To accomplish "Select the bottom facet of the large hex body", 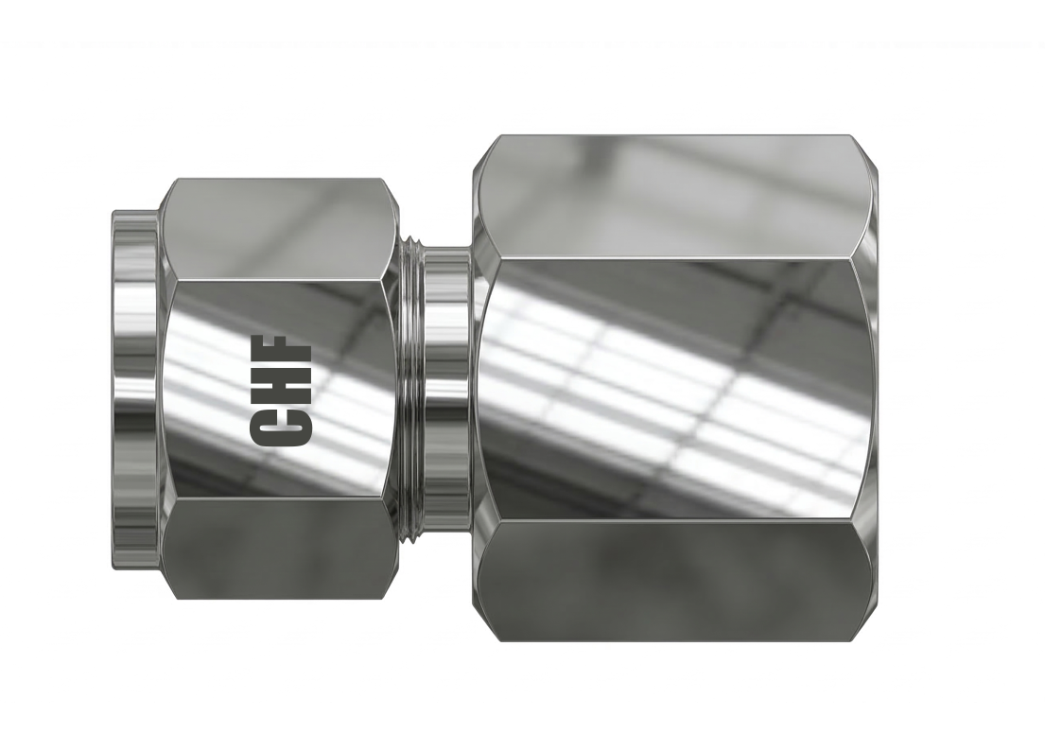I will tap(673, 579).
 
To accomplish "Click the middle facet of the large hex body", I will tap(673, 388).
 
